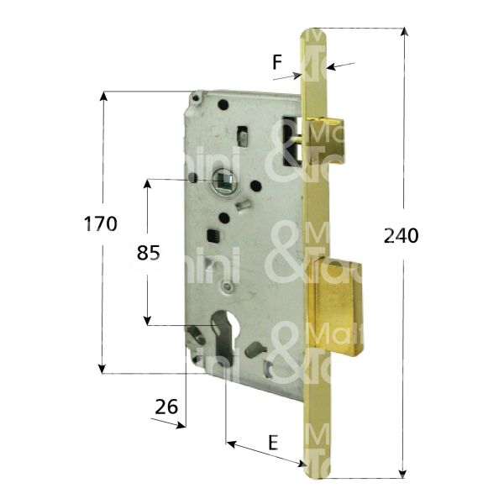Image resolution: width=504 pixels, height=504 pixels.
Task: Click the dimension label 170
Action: click(x=100, y=224)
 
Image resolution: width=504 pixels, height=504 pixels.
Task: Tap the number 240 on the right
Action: click(x=401, y=237)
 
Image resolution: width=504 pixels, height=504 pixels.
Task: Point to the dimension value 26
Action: click(x=167, y=407)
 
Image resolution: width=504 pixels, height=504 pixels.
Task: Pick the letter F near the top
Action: click(x=277, y=61)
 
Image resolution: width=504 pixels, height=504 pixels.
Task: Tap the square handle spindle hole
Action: click(x=225, y=179)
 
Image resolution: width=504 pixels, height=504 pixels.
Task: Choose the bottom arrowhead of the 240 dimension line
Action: click(x=403, y=472)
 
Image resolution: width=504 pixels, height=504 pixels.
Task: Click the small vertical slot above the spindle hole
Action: click(x=242, y=134)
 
